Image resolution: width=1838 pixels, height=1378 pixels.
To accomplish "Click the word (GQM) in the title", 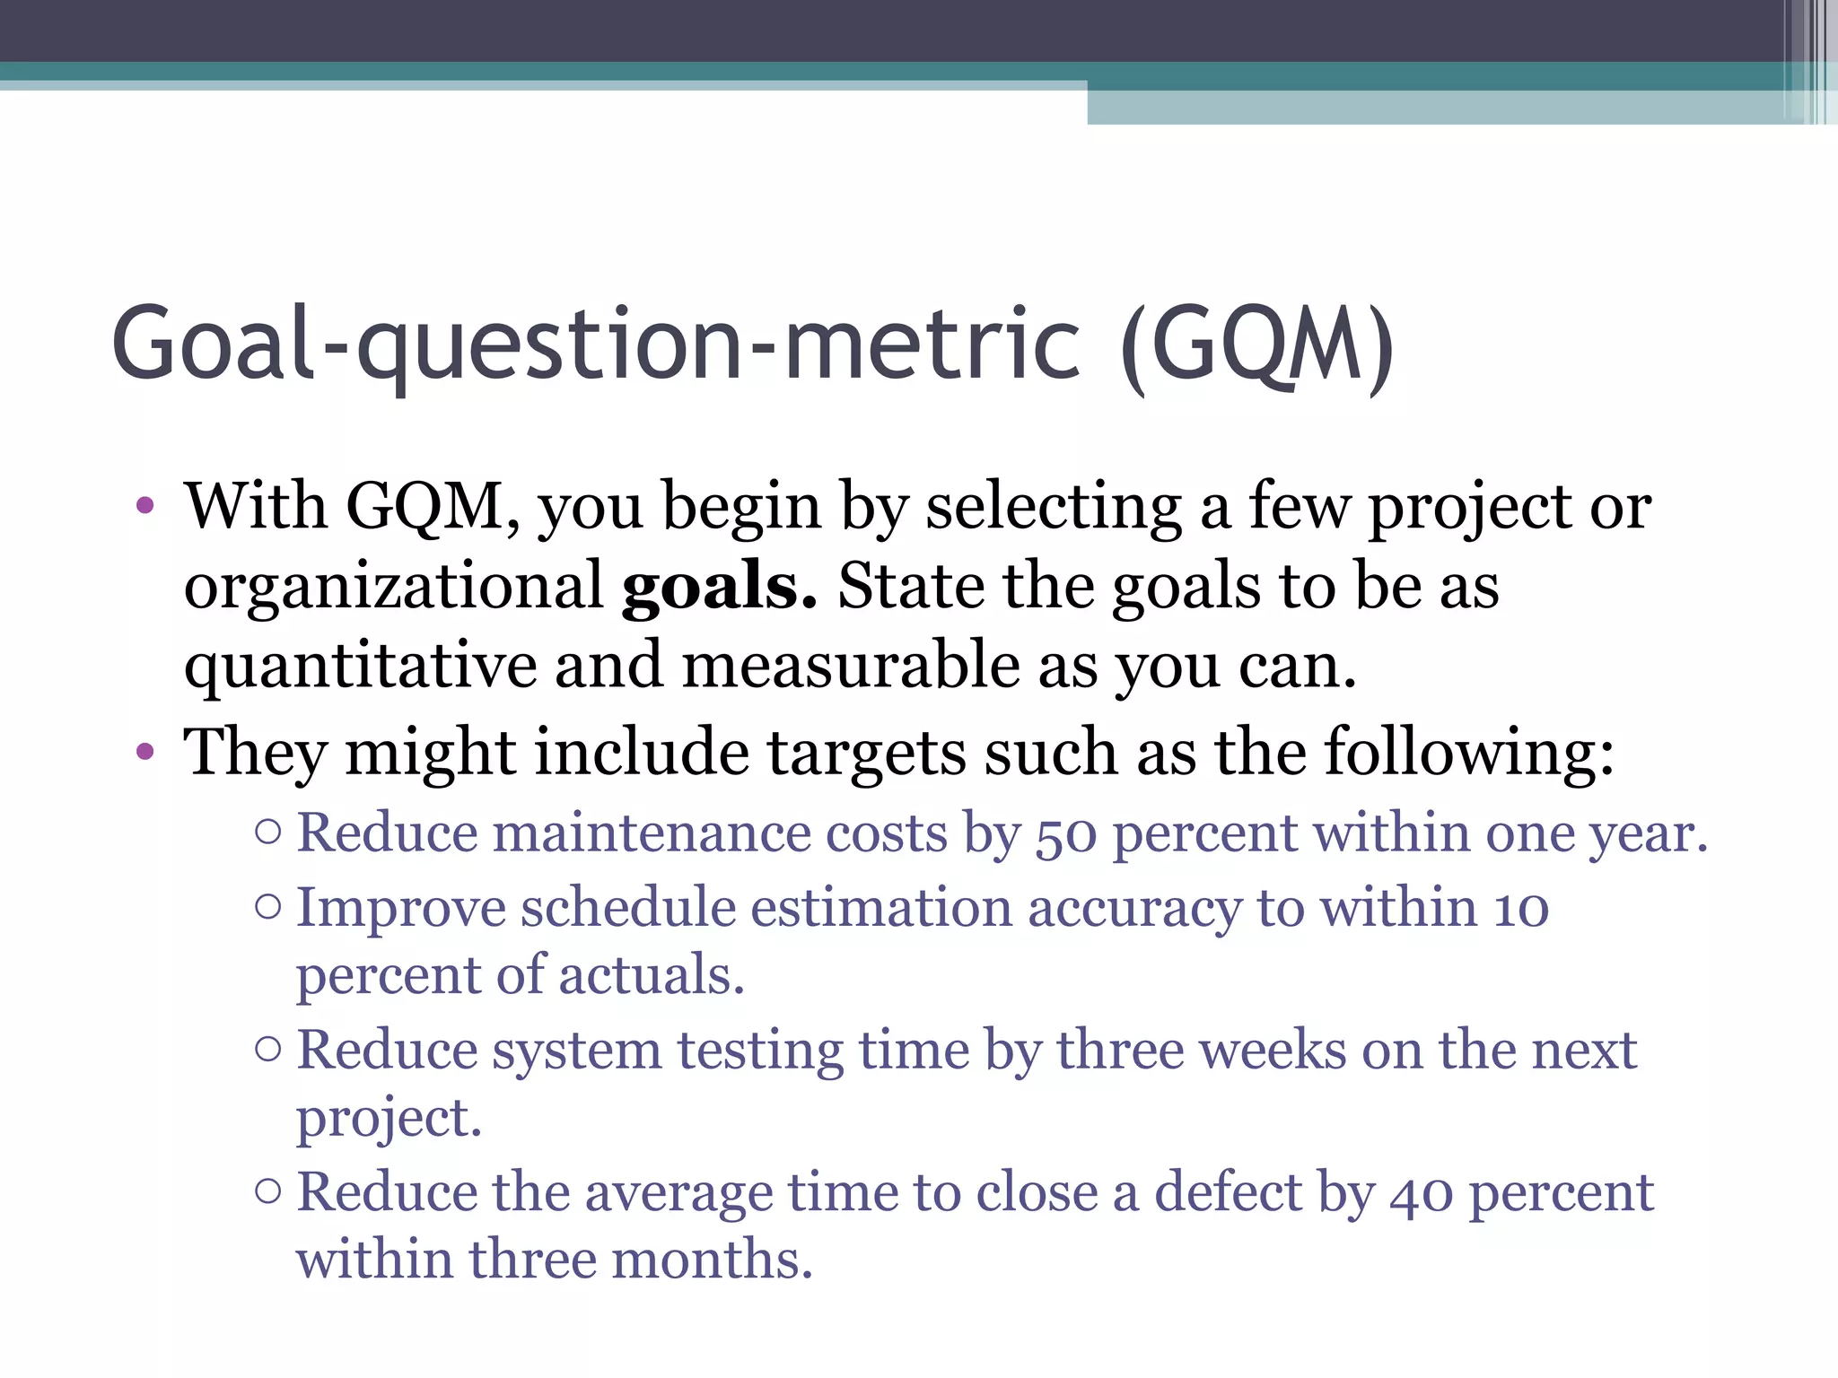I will (1256, 345).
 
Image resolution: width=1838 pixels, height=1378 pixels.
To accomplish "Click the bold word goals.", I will (719, 586).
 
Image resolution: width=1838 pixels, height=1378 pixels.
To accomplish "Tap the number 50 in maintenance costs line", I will (1066, 834).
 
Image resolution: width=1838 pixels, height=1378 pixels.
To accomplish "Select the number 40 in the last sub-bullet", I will (1421, 1194).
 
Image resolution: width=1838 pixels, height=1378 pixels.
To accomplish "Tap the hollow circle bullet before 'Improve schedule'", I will (267, 907).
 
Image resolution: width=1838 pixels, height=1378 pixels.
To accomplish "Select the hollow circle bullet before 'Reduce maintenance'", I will (267, 833).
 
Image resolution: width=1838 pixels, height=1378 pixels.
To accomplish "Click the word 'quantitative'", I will (360, 667).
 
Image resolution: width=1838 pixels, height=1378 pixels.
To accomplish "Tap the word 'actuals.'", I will (652, 975).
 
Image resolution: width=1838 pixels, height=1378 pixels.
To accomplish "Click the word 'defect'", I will (1228, 1192).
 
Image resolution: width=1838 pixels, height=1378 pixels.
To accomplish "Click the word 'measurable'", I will (850, 666).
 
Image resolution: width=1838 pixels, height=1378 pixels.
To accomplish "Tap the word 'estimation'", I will (881, 907).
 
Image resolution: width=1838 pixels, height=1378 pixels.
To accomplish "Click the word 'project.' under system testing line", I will (389, 1119).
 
